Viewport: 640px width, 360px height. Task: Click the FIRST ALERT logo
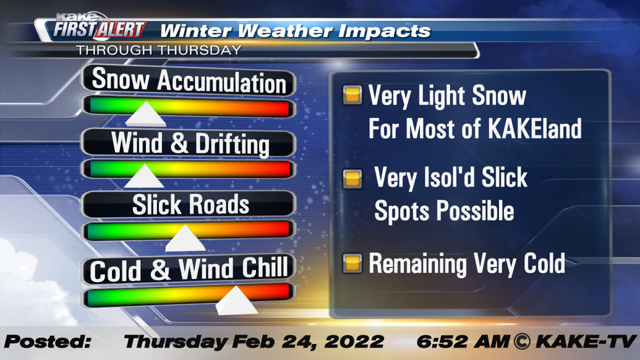(99, 29)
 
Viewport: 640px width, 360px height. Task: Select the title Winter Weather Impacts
(295, 30)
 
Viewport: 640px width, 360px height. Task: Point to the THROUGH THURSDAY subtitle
(158, 50)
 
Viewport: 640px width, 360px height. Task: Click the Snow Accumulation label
(189, 81)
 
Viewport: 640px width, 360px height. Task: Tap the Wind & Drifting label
(190, 144)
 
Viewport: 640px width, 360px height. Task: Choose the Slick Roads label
(190, 205)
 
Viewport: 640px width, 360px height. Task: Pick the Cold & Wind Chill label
(189, 269)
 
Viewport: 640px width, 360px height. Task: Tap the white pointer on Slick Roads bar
(184, 238)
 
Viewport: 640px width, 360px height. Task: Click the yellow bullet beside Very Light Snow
(352, 95)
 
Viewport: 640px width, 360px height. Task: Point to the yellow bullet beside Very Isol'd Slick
(352, 179)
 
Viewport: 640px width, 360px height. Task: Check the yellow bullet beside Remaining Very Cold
(352, 264)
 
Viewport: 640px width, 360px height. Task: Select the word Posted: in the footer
(48, 341)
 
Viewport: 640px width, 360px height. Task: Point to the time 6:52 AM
(461, 341)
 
